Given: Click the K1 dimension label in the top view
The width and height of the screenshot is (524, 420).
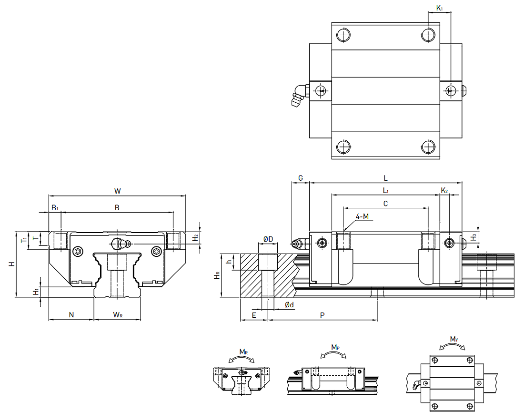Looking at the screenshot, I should [439, 8].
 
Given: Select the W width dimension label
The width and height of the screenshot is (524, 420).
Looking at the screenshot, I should [117, 191].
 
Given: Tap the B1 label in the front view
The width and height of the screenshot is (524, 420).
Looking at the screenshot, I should [55, 208].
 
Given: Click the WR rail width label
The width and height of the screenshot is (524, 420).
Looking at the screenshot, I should [118, 314].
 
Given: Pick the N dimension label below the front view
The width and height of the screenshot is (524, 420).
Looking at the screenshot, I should [71, 314].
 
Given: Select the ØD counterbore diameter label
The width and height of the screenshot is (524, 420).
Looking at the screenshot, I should [268, 239].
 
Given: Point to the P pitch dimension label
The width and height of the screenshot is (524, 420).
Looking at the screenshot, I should [322, 315].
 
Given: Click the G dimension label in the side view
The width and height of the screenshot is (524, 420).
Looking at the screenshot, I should [301, 178].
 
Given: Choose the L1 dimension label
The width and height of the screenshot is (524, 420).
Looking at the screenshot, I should [385, 190].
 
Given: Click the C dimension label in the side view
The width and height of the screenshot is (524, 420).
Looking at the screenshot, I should [385, 204].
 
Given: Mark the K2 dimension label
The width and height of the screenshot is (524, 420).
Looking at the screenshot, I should [444, 190].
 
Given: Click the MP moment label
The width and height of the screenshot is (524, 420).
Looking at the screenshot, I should [335, 348].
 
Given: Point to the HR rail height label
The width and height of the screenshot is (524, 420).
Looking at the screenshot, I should [217, 276].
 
